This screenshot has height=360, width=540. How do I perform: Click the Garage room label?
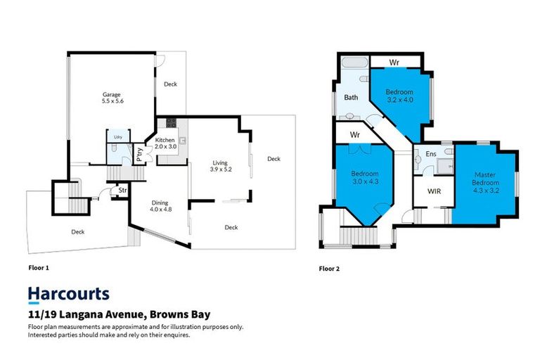pyautogui.click(x=111, y=98)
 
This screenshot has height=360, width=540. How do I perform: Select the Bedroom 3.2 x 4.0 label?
pyautogui.click(x=399, y=96)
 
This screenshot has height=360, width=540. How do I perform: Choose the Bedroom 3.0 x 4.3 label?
pyautogui.click(x=365, y=178)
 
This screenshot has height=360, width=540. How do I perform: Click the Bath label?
pyautogui.click(x=352, y=98)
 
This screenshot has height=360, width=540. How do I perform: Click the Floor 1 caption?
pyautogui.click(x=38, y=267)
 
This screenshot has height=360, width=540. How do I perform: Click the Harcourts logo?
pyautogui.click(x=68, y=294)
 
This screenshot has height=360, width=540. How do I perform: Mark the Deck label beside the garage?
pyautogui.click(x=170, y=84)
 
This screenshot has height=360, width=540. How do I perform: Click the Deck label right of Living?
pyautogui.click(x=274, y=159)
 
